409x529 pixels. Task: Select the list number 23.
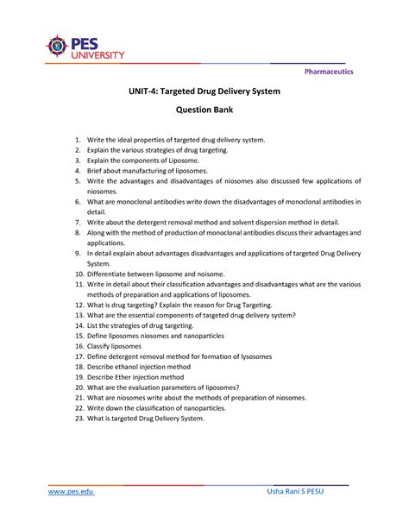pos(77,419)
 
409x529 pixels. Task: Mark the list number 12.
pos(77,305)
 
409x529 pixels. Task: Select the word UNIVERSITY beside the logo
pos(98,54)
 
